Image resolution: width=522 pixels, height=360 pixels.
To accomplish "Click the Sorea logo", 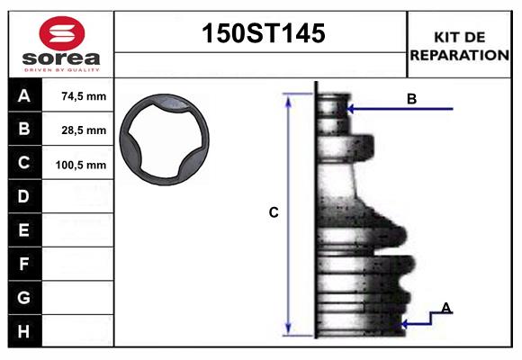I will (x=61, y=44).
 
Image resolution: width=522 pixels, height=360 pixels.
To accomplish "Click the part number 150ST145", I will (x=261, y=34).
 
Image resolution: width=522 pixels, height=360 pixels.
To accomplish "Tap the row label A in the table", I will (x=24, y=96).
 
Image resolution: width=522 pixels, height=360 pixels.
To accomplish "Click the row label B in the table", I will (x=24, y=130).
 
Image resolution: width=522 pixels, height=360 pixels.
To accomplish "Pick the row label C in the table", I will (x=24, y=164).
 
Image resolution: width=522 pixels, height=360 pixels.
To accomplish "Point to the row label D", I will (x=24, y=197).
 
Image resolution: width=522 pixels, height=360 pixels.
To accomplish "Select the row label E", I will (x=24, y=230).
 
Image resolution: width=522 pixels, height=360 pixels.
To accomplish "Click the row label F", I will (x=24, y=265).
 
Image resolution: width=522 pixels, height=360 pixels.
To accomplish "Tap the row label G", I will (x=24, y=298).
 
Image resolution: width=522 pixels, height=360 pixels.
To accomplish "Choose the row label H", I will (x=24, y=331).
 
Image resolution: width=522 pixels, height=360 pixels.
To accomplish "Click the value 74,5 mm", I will (x=84, y=96).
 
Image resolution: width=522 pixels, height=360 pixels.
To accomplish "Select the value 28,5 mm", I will (x=84, y=130).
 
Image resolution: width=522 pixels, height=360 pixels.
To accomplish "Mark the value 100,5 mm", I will (x=81, y=165).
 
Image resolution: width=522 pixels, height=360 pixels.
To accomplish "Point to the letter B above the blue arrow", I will (x=411, y=99).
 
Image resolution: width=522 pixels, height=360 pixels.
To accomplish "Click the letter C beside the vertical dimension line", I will (x=274, y=213).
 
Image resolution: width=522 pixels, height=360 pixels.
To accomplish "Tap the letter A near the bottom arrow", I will (x=446, y=309).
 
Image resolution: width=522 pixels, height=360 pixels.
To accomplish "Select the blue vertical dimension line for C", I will (x=289, y=213).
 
